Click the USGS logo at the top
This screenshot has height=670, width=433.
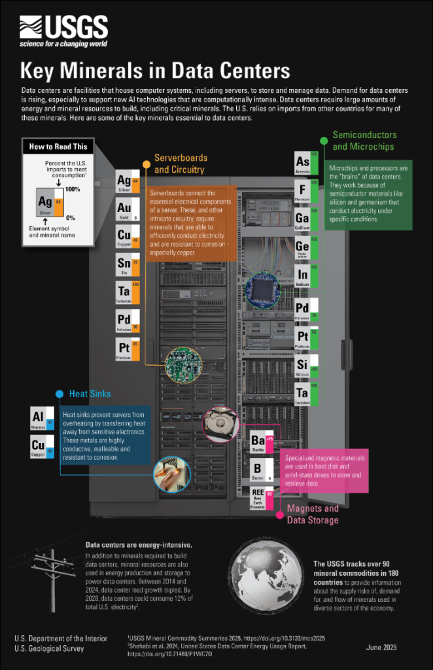click(x=63, y=29)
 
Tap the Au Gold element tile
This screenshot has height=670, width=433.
click(x=127, y=210)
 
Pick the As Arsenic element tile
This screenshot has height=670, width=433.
click(x=306, y=164)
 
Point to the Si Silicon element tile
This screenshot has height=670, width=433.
click(x=306, y=366)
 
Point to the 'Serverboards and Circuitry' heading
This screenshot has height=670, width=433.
click(x=181, y=164)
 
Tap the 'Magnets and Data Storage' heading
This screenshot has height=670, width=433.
click(x=313, y=514)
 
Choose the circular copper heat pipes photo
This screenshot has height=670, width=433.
click(x=172, y=472)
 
